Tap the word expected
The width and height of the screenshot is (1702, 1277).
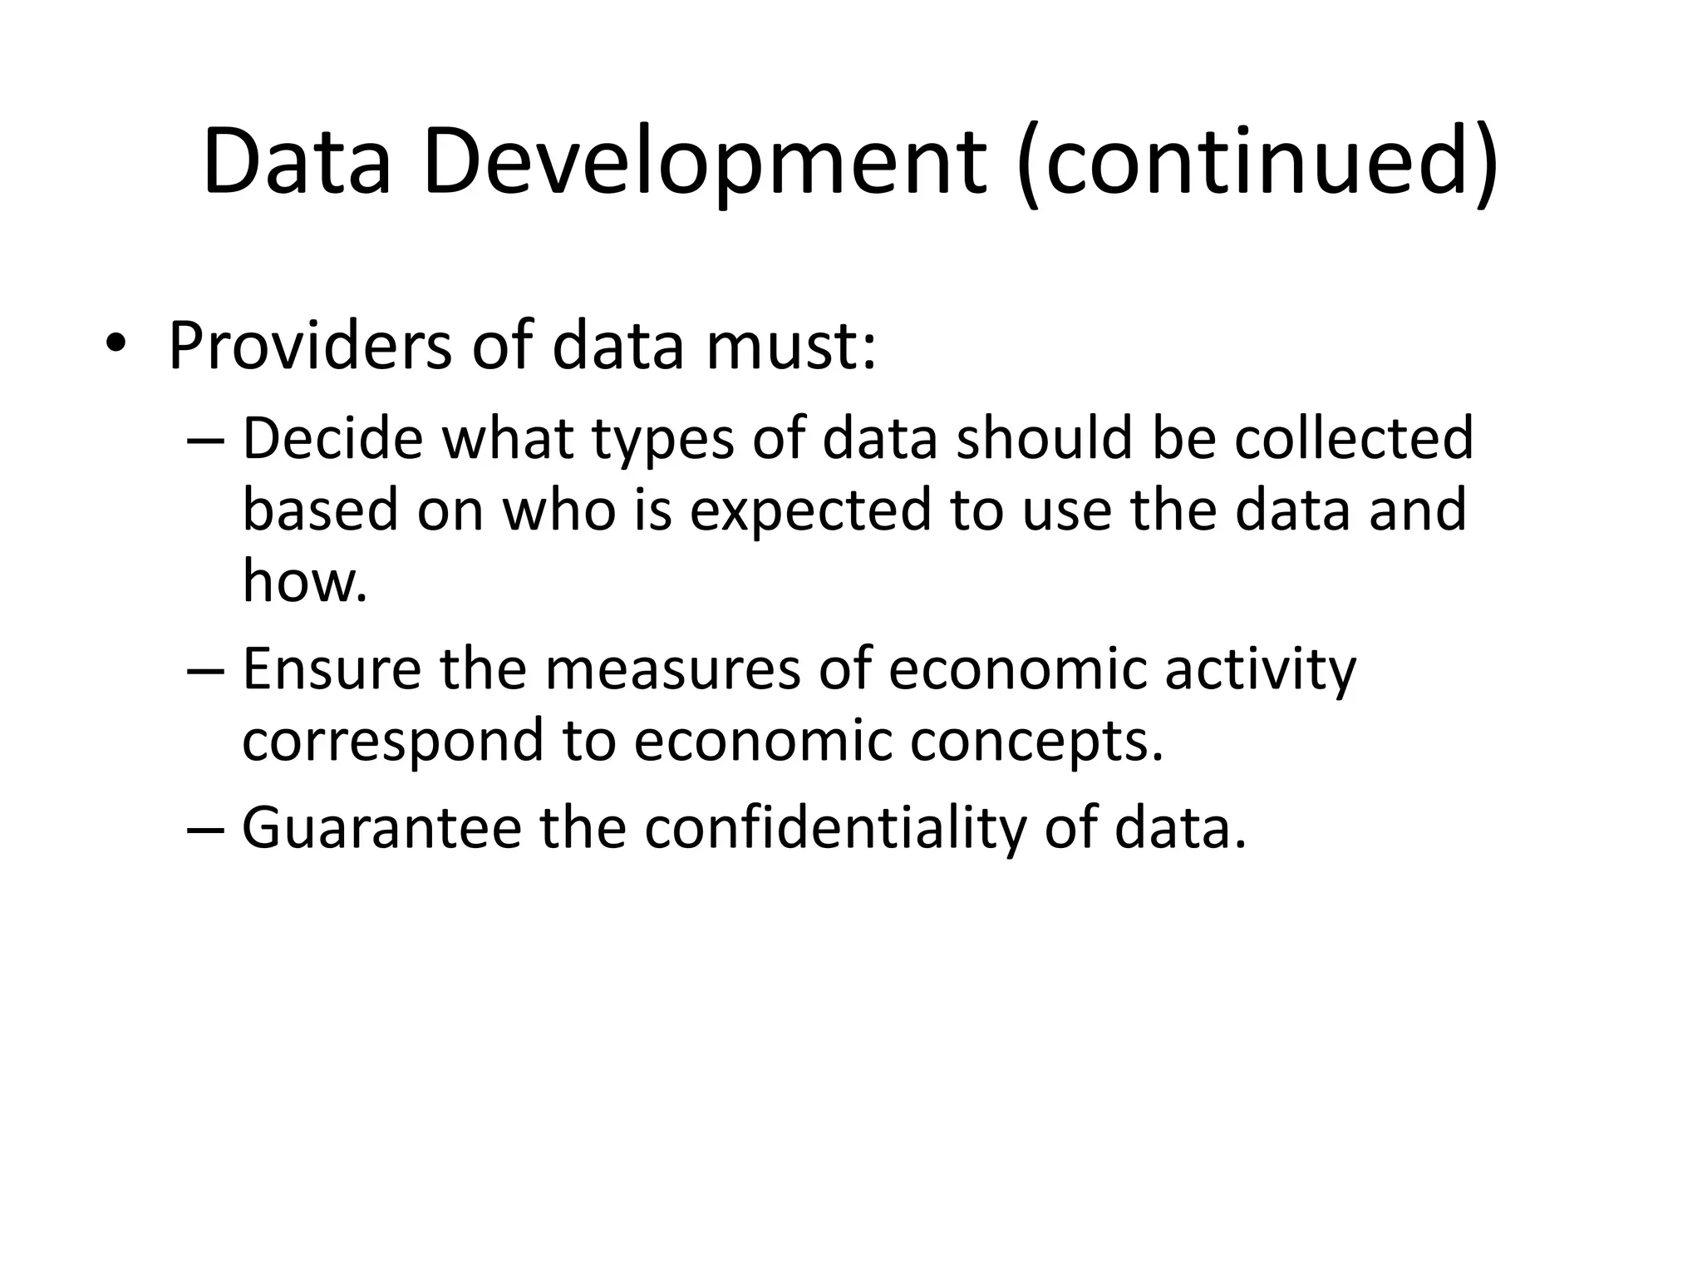[x=809, y=510]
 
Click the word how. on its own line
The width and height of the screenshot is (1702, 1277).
[x=304, y=581]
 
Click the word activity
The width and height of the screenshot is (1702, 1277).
[x=1260, y=669]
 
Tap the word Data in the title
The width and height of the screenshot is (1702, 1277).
[x=297, y=162]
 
